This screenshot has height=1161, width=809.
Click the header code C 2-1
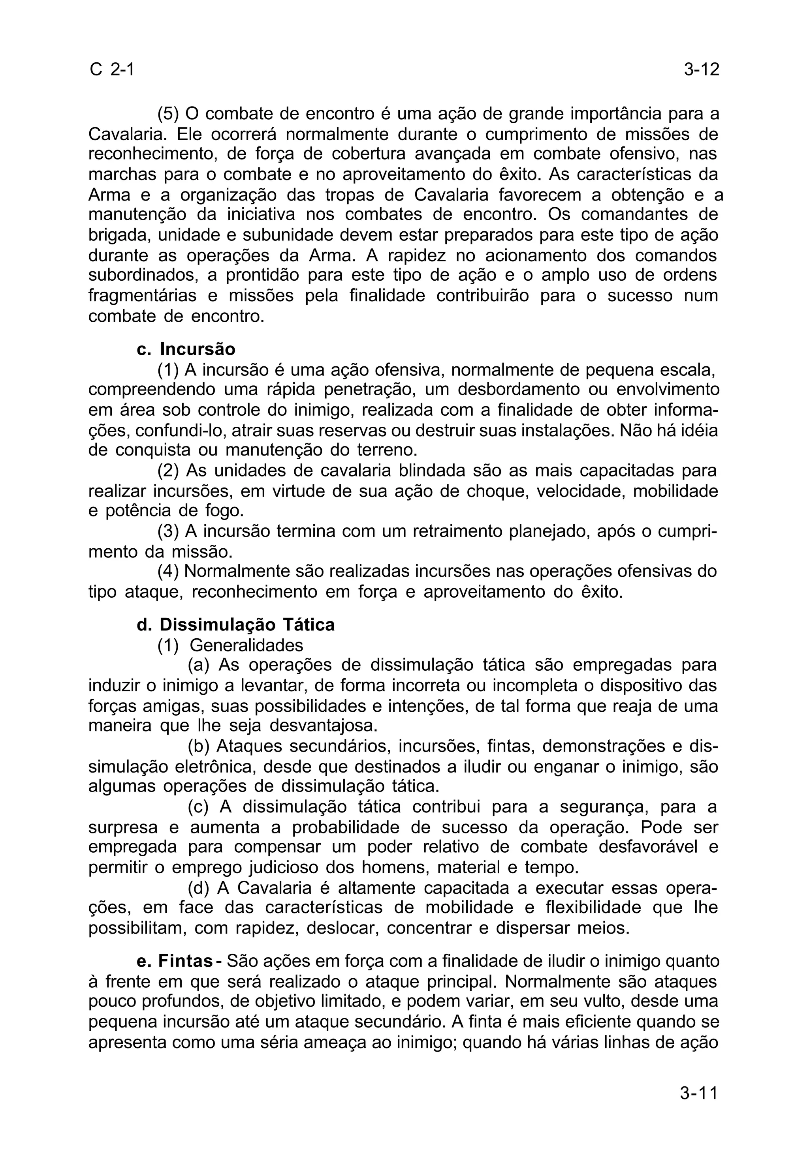(x=112, y=69)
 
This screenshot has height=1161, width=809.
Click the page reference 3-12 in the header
(x=701, y=69)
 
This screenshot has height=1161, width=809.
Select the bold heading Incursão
(x=198, y=349)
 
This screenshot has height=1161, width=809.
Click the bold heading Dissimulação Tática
(x=247, y=625)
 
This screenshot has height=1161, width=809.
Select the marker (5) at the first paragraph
(x=169, y=113)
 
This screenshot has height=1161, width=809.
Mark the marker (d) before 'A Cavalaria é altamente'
(x=198, y=887)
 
